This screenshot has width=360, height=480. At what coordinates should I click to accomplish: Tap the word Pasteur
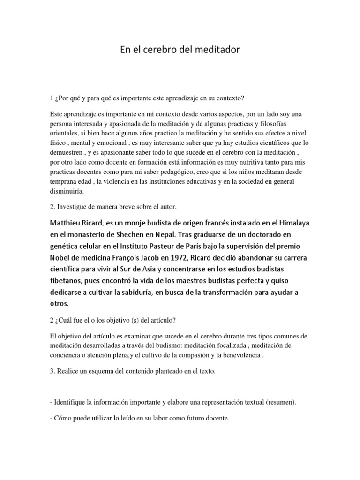click(x=183, y=246)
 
